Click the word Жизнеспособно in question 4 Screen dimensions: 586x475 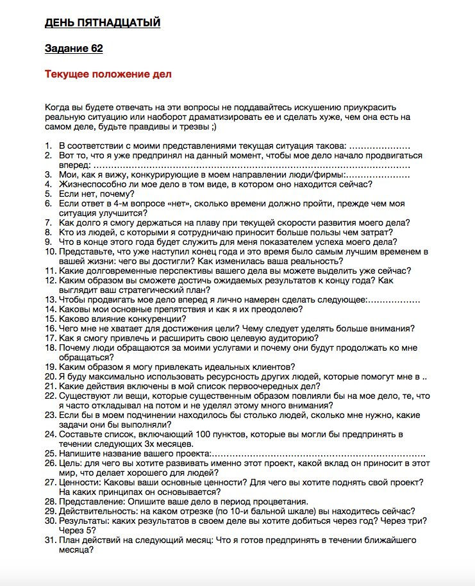(x=89, y=184)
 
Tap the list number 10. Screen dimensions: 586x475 (x=50, y=251)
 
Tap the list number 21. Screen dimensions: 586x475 (x=50, y=386)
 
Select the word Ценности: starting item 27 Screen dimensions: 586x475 (x=80, y=482)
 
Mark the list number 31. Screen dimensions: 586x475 (x=50, y=540)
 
